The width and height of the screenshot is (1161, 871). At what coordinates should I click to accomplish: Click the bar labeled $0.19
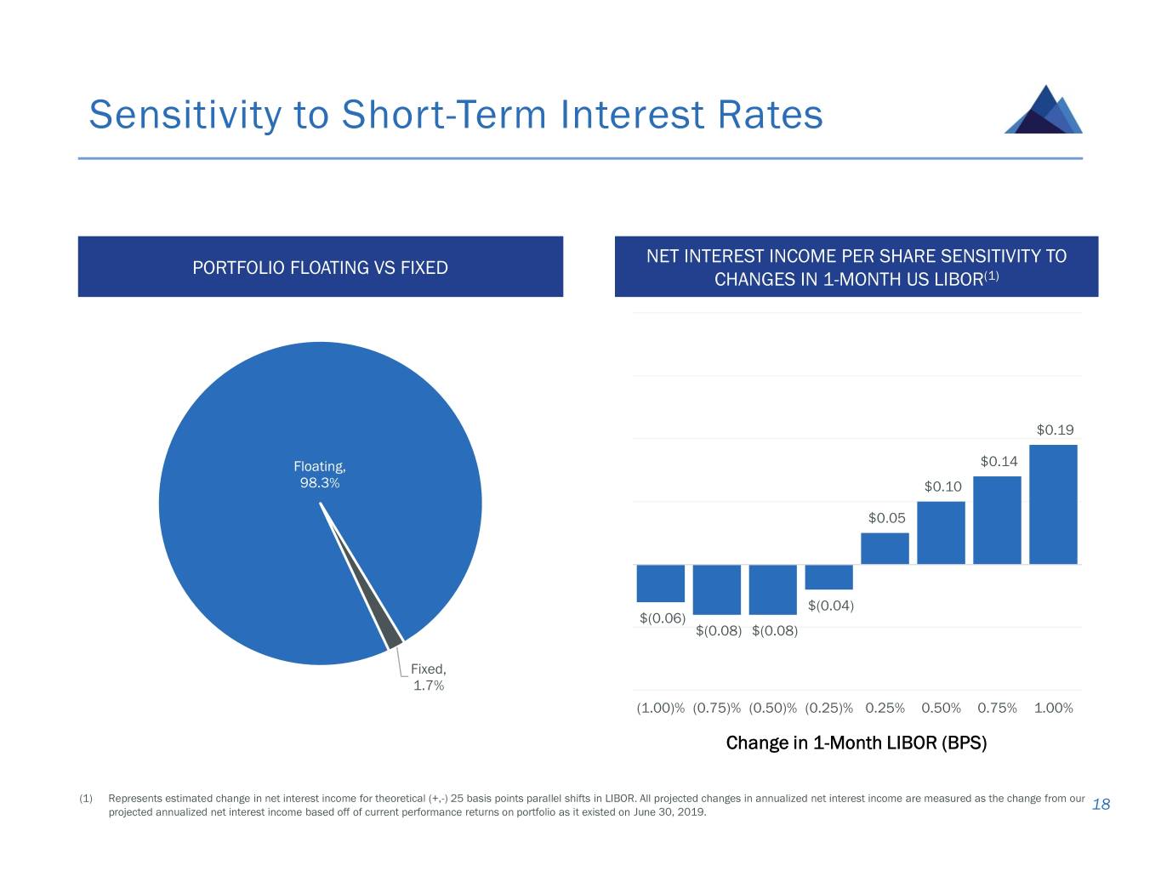tap(1053, 504)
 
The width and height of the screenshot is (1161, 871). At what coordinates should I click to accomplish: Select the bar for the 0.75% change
tap(997, 520)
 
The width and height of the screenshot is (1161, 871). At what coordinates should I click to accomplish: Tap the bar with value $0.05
tap(885, 548)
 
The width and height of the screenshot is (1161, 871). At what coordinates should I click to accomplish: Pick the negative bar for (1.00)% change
tap(661, 584)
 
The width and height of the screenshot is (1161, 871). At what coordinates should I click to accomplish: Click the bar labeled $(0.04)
tap(828, 577)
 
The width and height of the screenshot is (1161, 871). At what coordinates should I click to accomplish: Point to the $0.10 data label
tap(942, 487)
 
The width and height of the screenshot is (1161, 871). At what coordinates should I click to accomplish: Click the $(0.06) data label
tap(662, 618)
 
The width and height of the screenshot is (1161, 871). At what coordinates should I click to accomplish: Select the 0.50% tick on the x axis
tap(941, 708)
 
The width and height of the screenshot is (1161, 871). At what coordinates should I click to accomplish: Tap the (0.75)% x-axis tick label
tap(716, 708)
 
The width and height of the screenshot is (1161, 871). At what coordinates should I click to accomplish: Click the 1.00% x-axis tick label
tap(1053, 708)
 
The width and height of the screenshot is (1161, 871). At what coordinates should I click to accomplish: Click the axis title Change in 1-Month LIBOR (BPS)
tap(856, 743)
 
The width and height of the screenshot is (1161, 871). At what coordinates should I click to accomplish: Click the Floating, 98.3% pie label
tap(320, 475)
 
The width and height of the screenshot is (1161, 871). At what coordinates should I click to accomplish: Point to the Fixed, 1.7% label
tap(429, 678)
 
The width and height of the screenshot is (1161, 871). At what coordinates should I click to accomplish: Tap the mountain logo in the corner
tap(1044, 110)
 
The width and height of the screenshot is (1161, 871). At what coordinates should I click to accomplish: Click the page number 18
tap(1101, 805)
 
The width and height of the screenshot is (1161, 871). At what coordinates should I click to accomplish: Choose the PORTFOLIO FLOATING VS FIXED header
tap(320, 268)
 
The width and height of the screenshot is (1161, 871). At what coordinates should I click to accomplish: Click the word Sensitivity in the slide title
tap(186, 115)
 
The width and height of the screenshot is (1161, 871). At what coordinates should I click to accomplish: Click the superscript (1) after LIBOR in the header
tap(991, 276)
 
